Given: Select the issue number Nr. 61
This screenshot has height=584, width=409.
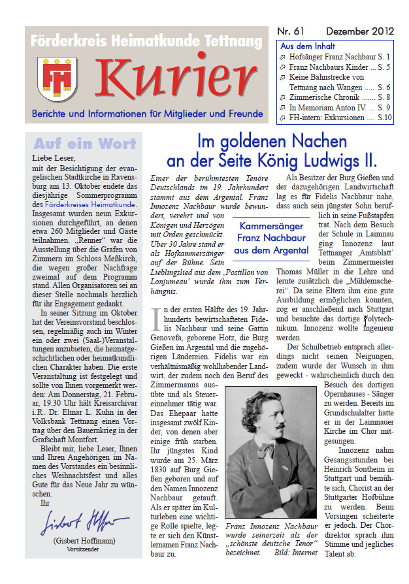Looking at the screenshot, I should click(291, 32).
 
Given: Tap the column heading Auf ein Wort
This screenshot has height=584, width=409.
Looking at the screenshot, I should click(85, 144).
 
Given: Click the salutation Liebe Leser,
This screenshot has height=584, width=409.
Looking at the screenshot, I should click(54, 158).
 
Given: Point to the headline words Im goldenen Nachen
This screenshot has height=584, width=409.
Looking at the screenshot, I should click(272, 141).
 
